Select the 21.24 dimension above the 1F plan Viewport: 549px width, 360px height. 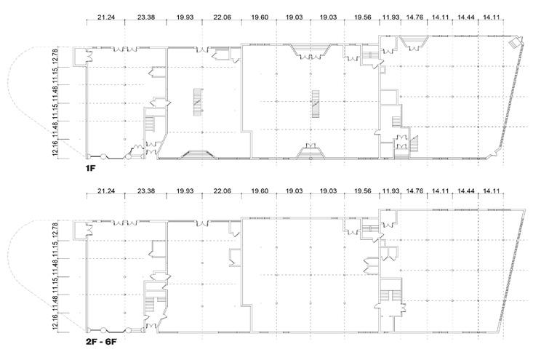coord(105,17)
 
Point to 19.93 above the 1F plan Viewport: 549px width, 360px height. coord(185,17)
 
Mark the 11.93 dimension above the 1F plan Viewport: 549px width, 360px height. coord(391,17)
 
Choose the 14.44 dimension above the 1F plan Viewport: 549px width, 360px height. coord(467,17)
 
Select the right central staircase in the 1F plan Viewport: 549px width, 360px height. coord(316,103)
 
